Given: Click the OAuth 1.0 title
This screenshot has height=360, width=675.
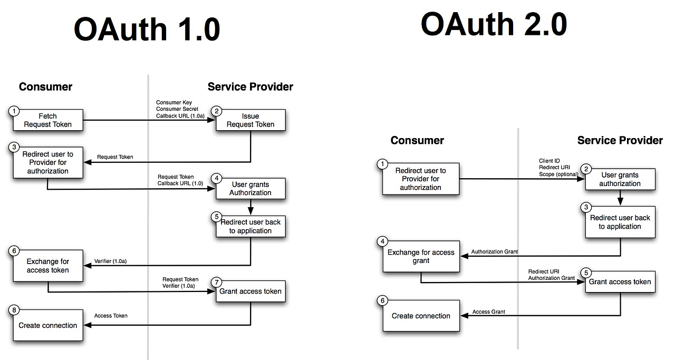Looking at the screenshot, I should [x=147, y=29].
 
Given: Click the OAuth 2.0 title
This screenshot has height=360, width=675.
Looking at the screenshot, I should [x=494, y=24].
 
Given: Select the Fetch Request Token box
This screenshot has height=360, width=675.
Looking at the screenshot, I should [x=47, y=120].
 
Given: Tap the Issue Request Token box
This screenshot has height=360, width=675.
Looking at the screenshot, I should [x=250, y=120].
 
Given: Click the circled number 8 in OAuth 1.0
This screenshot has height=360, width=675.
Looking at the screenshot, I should [x=14, y=310].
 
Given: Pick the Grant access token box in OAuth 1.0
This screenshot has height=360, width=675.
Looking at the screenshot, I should [x=250, y=291].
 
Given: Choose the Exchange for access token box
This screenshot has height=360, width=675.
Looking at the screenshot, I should [x=47, y=266].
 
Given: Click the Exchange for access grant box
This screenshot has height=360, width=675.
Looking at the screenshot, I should [x=421, y=256].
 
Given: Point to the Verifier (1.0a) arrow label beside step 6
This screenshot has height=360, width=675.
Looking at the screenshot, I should [x=110, y=261].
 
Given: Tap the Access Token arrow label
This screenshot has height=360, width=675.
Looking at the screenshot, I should [x=111, y=316].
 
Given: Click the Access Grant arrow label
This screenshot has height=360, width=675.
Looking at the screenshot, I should [x=488, y=312].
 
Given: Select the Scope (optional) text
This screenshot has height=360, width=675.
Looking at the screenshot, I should [x=558, y=174].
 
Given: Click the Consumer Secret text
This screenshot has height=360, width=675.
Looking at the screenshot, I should [x=177, y=109].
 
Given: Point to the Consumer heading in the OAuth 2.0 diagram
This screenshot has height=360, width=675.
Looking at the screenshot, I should [x=417, y=141].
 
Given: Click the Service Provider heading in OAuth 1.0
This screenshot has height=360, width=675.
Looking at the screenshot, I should [x=250, y=87].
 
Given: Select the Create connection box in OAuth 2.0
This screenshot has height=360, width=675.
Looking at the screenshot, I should [x=421, y=316].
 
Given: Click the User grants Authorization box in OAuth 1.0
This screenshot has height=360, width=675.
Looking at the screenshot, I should [x=250, y=189].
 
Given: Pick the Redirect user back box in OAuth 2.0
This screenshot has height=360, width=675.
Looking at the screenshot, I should [x=620, y=222].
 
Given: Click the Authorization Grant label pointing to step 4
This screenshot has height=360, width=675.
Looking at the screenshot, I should [x=494, y=252].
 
